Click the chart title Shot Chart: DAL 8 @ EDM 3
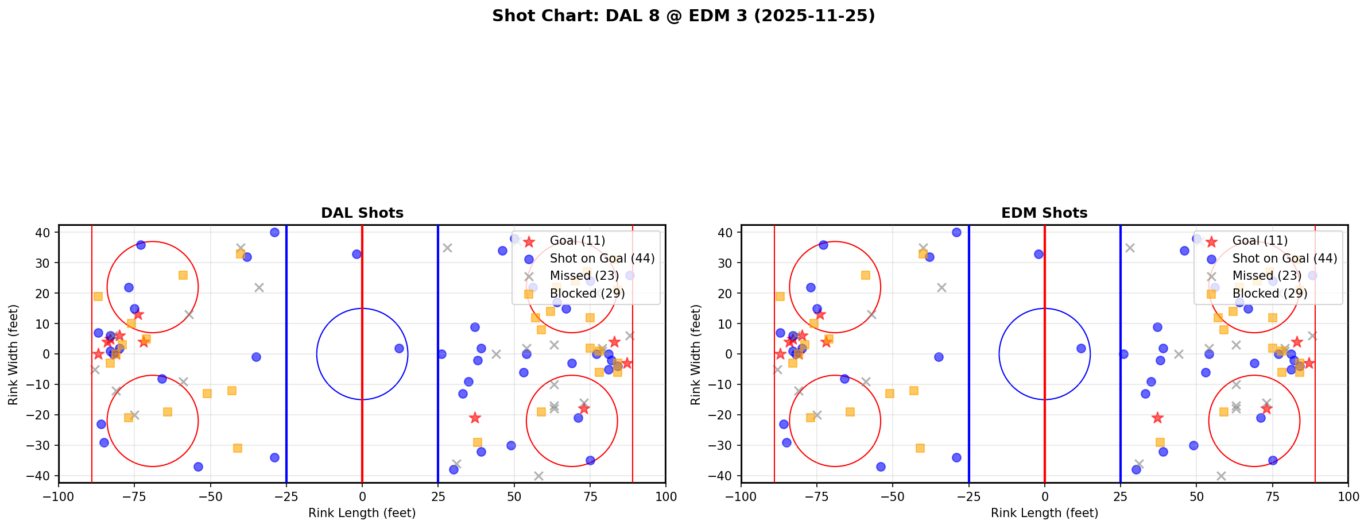pos(683,16)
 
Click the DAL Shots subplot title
pos(362,213)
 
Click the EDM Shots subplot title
pos(1044,213)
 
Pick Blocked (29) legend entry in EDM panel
pos(1270,294)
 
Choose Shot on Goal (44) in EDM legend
pos(1285,259)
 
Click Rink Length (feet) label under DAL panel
pos(362,513)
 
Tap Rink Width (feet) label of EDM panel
pos(696,354)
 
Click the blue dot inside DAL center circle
pos(399,348)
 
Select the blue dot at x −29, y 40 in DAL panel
pos(274,233)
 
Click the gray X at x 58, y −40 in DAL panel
pos(538,476)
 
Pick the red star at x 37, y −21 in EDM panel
pos(1157,418)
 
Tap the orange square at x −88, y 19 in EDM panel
pos(780,296)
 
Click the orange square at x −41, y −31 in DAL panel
pos(238,448)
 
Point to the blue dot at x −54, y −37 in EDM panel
pos(881,467)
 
